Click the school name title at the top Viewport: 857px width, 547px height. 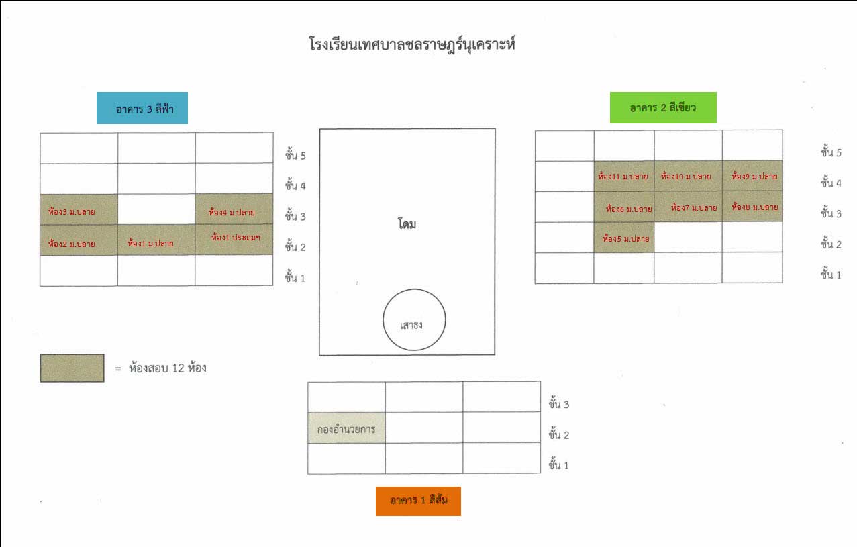412,46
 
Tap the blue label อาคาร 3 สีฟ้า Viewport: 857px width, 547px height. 142,109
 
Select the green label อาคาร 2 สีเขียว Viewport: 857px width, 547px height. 663,108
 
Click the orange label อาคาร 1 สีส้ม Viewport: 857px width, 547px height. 418,501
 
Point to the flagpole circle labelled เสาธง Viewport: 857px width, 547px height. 414,320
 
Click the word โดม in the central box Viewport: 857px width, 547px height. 407,224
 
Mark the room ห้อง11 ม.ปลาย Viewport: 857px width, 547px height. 623,177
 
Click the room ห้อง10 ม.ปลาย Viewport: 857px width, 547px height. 688,177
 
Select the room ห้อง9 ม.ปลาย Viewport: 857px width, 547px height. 752,177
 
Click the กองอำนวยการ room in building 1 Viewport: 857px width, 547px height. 346,428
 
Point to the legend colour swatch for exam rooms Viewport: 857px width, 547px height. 72,368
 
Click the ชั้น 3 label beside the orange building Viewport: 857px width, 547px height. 559,404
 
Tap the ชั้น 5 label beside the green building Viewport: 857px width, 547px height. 831,152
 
